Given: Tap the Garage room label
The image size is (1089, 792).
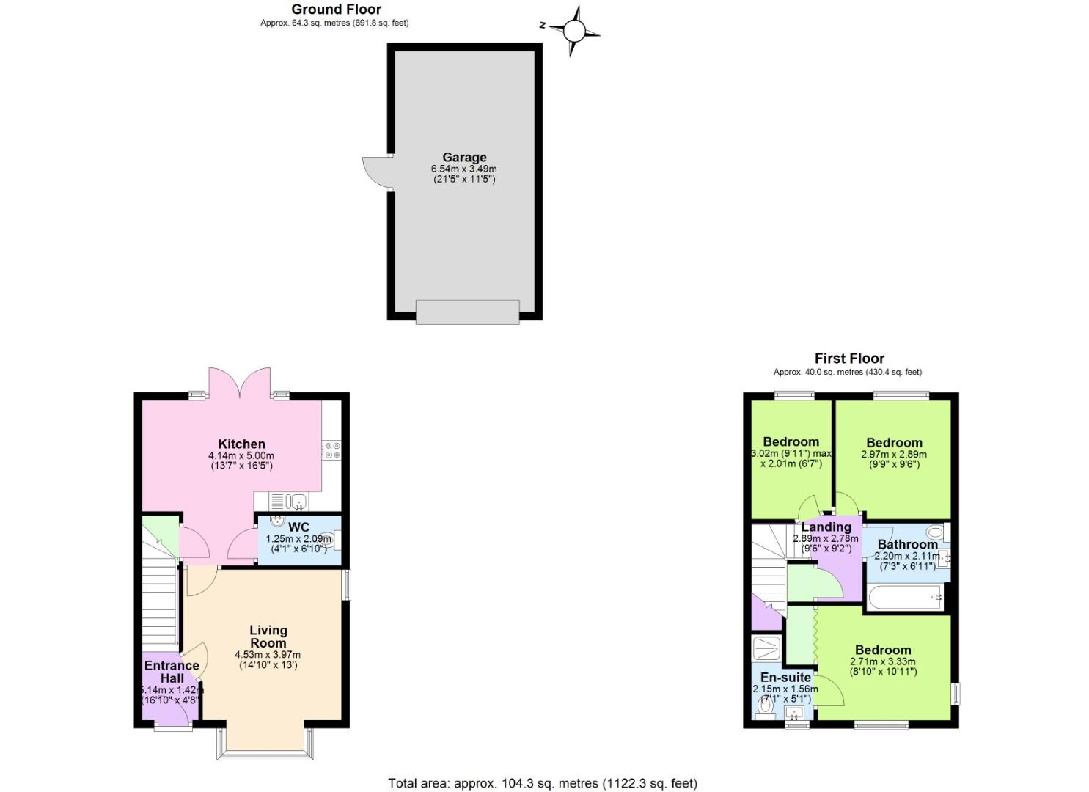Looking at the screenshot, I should (464, 157).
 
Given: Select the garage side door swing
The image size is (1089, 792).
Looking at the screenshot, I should (377, 172).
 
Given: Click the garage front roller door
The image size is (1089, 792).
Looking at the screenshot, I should (467, 311).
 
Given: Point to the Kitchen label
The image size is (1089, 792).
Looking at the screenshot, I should (241, 444).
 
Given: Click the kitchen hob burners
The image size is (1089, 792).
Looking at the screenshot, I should (331, 450).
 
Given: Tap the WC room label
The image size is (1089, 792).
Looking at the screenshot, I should (298, 527).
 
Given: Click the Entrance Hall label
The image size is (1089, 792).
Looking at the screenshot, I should (172, 672).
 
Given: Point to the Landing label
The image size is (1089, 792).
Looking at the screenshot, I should (826, 527).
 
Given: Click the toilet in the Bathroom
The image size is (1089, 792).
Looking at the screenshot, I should (935, 532).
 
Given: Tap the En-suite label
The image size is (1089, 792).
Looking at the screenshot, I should (785, 678).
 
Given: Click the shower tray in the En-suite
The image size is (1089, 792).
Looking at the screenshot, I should (767, 648).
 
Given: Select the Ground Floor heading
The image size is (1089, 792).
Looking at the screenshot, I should (336, 10).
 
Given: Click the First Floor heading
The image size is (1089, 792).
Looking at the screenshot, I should (849, 359).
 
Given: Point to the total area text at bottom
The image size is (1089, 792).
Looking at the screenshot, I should (542, 783).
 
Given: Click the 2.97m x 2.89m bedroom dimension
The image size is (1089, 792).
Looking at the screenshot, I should (893, 455).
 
